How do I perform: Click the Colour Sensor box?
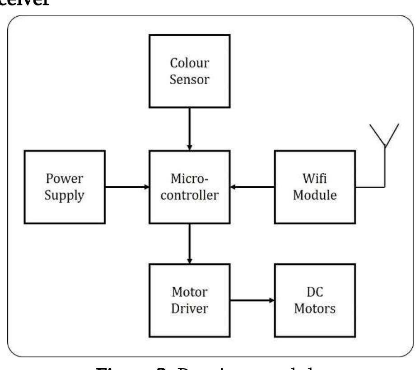click(x=190, y=71)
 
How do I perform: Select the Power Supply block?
click(x=65, y=187)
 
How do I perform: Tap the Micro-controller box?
click(x=190, y=187)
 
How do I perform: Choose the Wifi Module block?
click(x=315, y=187)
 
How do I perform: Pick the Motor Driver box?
click(x=190, y=300)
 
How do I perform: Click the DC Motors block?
click(x=315, y=300)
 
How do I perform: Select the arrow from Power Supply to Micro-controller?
click(x=127, y=186)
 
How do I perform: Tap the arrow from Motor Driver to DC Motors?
click(x=252, y=300)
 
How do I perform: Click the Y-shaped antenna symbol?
click(x=385, y=136)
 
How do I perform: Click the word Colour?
click(x=190, y=63)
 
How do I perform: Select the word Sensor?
click(x=190, y=80)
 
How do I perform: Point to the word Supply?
click(x=65, y=196)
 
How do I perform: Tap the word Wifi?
click(x=315, y=178)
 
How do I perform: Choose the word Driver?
click(x=190, y=309)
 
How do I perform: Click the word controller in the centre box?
click(x=190, y=196)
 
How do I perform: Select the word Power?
click(x=65, y=178)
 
